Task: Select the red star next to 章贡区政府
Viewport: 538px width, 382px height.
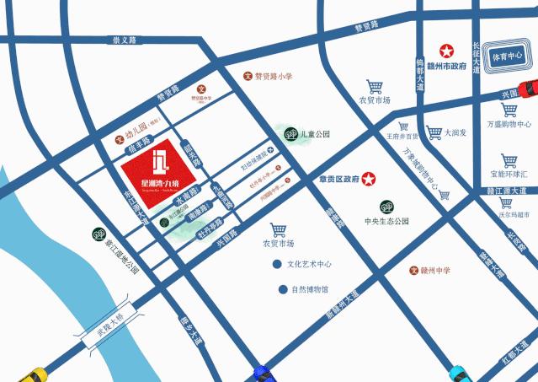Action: pyautogui.click(x=368, y=179)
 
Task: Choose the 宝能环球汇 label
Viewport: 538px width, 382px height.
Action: pyautogui.click(x=509, y=174)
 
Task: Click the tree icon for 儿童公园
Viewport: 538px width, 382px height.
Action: pyautogui.click(x=289, y=133)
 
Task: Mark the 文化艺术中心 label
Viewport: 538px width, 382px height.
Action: pyautogui.click(x=308, y=264)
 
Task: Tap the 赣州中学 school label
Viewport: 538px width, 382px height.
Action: pyautogui.click(x=434, y=270)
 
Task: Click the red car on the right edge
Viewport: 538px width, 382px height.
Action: pyautogui.click(x=528, y=87)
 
